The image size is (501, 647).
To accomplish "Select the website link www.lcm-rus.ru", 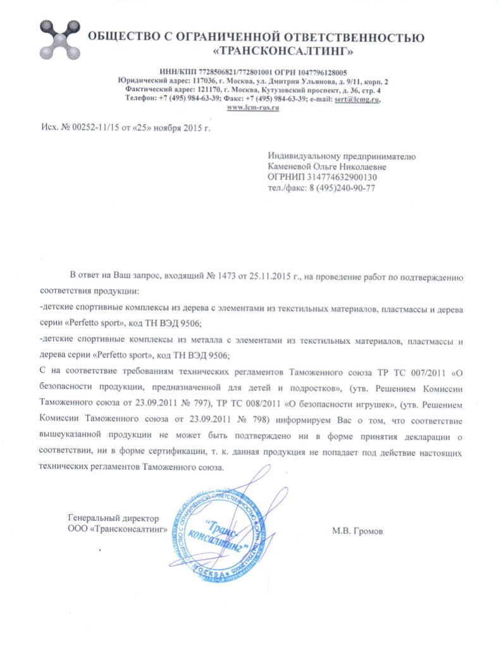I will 254,107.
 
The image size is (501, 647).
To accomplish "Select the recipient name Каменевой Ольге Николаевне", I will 326,166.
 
